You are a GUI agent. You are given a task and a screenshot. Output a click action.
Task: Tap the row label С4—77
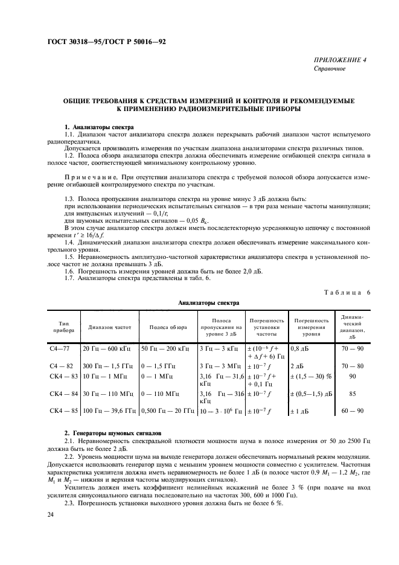60,349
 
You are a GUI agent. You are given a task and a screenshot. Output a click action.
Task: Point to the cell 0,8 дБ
301,349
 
